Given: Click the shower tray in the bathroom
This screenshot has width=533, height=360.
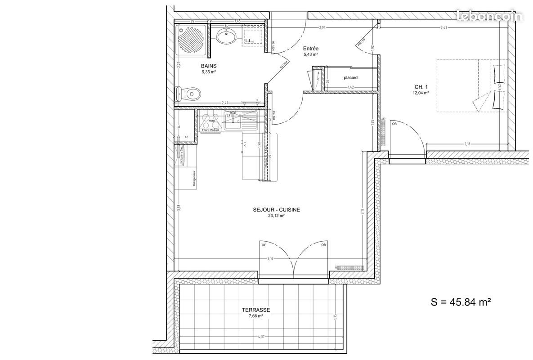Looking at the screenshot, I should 192,41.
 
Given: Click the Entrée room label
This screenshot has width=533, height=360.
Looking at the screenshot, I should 310,49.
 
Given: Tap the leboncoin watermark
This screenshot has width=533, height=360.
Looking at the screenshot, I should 489,17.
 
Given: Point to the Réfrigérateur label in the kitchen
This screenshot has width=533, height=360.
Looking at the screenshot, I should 194,178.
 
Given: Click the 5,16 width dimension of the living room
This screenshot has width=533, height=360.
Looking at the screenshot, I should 270,259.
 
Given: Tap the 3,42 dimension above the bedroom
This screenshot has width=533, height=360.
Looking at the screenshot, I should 443,28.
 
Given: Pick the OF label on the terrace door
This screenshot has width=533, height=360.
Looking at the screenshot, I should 264,245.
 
